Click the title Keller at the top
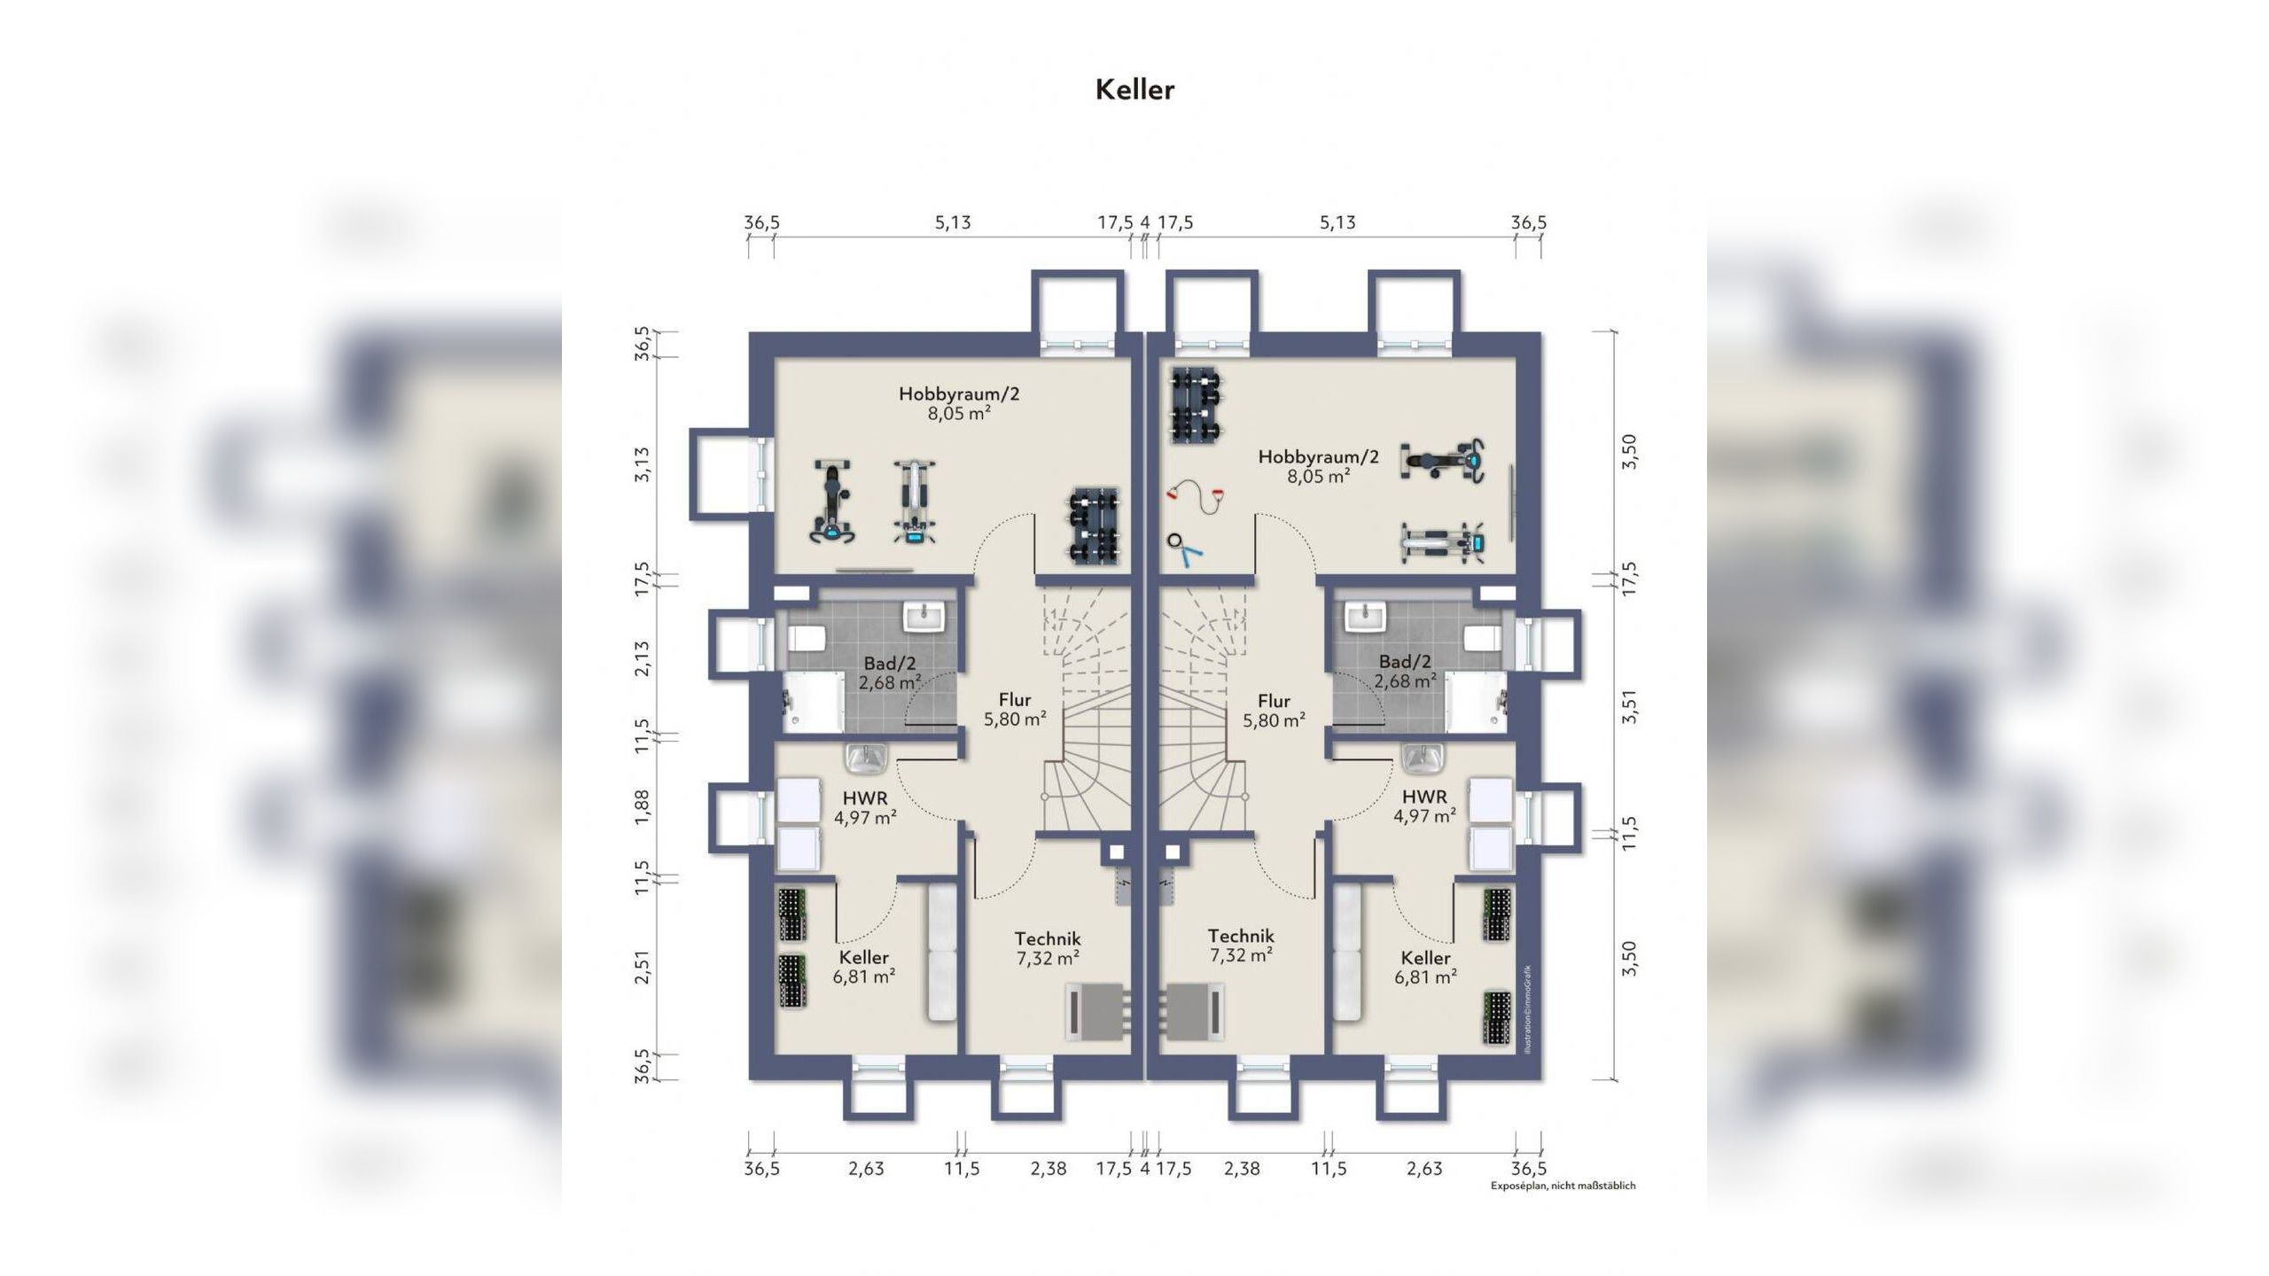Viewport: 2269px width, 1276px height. pyautogui.click(x=1134, y=89)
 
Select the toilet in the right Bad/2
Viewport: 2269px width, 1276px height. pyautogui.click(x=1483, y=638)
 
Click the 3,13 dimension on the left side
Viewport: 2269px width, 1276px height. pyautogui.click(x=642, y=464)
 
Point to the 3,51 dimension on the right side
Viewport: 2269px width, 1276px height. pyautogui.click(x=1629, y=707)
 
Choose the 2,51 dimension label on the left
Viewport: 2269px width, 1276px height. pyautogui.click(x=642, y=966)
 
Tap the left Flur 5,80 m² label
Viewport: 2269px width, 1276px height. pyautogui.click(x=1015, y=710)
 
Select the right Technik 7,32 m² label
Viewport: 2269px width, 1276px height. pyautogui.click(x=1241, y=945)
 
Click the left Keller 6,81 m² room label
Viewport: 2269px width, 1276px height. pyautogui.click(x=863, y=967)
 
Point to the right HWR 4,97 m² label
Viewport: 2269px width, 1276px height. pyautogui.click(x=1424, y=806)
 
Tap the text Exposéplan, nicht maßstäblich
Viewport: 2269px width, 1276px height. pyautogui.click(x=1563, y=1186)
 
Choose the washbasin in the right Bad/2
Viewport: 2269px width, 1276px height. pyautogui.click(x=1365, y=617)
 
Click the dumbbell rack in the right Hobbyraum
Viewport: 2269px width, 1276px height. pyautogui.click(x=1197, y=406)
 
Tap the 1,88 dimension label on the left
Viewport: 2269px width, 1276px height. pyautogui.click(x=642, y=807)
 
